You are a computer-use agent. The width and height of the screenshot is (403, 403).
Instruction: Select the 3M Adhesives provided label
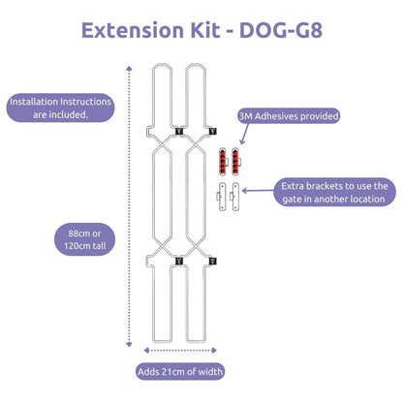pos(289,117)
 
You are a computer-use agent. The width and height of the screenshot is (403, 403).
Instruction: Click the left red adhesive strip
pos(223,158)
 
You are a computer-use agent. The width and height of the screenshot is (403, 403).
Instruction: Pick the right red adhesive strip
pos(235,158)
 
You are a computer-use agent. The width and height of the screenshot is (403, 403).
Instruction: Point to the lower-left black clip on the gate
pos(177,260)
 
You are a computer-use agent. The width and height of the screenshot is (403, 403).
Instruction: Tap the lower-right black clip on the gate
pos(211,260)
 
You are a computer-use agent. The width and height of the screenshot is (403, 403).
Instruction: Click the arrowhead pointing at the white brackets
pos(244,191)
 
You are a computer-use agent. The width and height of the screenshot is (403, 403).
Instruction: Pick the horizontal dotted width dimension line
pos(174,349)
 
